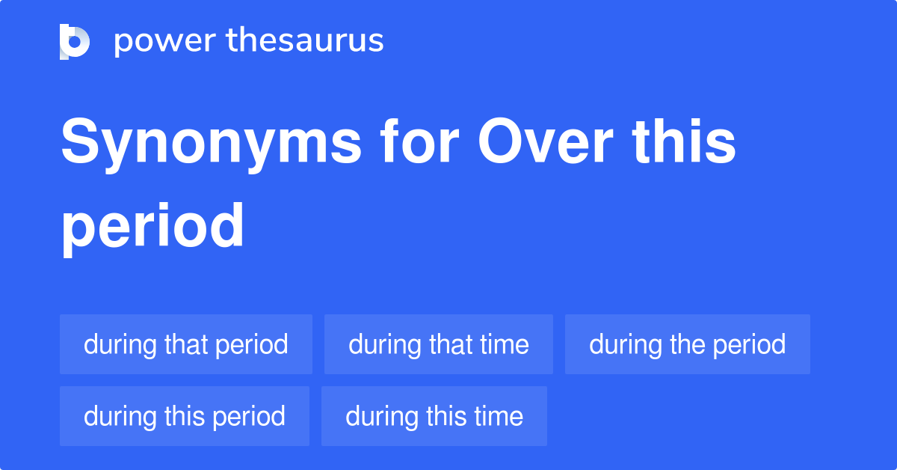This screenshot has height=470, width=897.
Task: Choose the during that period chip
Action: click(186, 344)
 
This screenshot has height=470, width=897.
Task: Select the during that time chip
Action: click(439, 344)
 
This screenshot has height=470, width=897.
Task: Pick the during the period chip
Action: click(688, 344)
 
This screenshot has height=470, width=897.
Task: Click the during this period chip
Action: click(185, 416)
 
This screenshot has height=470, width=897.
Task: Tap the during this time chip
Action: click(434, 416)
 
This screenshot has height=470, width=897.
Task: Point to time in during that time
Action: click(504, 344)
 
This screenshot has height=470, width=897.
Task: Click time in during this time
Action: click(499, 416)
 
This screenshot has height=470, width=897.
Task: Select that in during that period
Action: click(186, 344)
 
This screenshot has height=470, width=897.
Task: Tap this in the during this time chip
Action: click(447, 416)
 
